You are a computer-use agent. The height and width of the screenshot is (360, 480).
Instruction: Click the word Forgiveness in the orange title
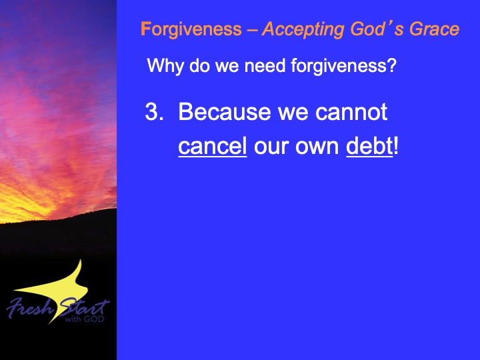191,30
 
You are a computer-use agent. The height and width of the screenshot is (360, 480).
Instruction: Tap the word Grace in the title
435,29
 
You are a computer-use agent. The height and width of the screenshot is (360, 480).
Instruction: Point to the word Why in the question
165,66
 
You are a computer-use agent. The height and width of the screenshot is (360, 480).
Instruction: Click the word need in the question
265,65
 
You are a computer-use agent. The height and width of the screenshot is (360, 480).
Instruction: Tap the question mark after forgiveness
391,65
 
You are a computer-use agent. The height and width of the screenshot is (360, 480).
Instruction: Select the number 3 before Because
152,111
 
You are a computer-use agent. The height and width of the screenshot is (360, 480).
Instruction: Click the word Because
225,111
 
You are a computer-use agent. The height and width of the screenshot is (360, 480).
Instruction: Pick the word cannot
351,112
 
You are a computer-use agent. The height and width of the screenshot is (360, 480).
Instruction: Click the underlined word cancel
213,146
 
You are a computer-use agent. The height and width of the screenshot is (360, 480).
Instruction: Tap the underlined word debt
369,146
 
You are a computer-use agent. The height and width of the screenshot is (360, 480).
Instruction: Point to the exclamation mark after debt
396,146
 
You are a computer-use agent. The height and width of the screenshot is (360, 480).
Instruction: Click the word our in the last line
271,147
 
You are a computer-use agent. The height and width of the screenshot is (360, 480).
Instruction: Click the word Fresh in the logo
30,307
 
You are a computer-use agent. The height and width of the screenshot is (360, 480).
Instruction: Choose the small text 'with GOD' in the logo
85,319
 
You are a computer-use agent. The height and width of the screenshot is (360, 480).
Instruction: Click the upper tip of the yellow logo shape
81,260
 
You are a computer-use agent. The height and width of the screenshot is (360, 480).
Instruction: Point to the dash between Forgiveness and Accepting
252,31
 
